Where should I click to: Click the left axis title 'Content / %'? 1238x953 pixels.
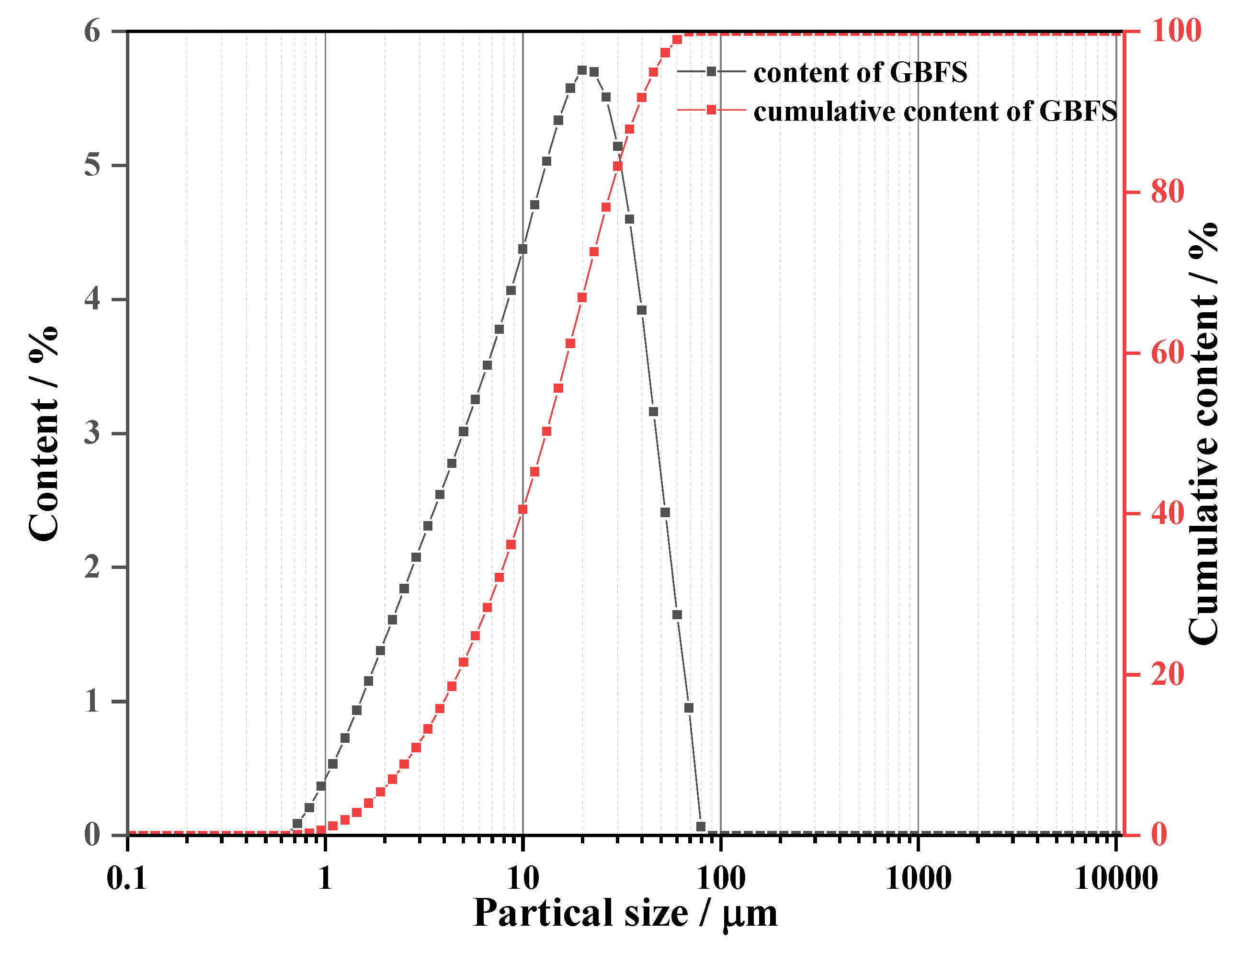(x=44, y=434)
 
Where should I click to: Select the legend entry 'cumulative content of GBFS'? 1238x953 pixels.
(x=935, y=111)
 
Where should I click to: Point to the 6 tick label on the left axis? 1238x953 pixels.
(x=92, y=31)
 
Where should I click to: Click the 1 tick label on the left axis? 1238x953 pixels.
(x=92, y=701)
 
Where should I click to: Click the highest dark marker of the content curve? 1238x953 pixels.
(x=582, y=70)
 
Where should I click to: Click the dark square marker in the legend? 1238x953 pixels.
(x=711, y=71)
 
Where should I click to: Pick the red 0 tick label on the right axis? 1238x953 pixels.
(x=1160, y=835)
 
